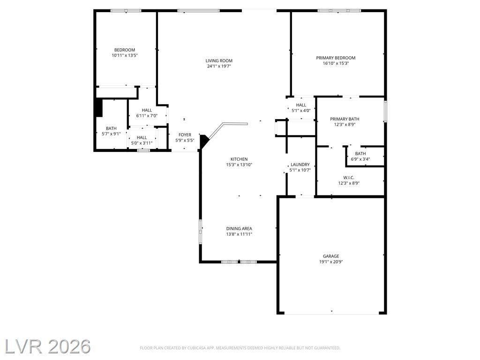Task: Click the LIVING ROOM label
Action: [219, 60]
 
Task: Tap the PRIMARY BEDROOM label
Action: [336, 58]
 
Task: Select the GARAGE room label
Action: [331, 256]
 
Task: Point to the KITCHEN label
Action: [239, 159]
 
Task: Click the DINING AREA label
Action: [239, 229]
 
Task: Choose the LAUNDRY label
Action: [300, 165]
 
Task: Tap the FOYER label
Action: [185, 135]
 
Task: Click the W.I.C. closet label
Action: [349, 178]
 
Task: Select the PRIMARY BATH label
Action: [345, 119]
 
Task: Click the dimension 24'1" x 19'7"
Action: [219, 66]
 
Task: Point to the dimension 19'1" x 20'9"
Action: [331, 262]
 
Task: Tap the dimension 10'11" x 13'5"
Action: [125, 55]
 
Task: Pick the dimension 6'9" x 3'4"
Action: [360, 159]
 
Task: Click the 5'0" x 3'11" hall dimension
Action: [142, 143]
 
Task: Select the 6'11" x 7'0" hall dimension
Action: [147, 116]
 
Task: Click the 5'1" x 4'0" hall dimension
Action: [301, 111]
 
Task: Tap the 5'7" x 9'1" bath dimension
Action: [111, 134]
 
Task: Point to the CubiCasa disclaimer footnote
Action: [240, 348]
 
